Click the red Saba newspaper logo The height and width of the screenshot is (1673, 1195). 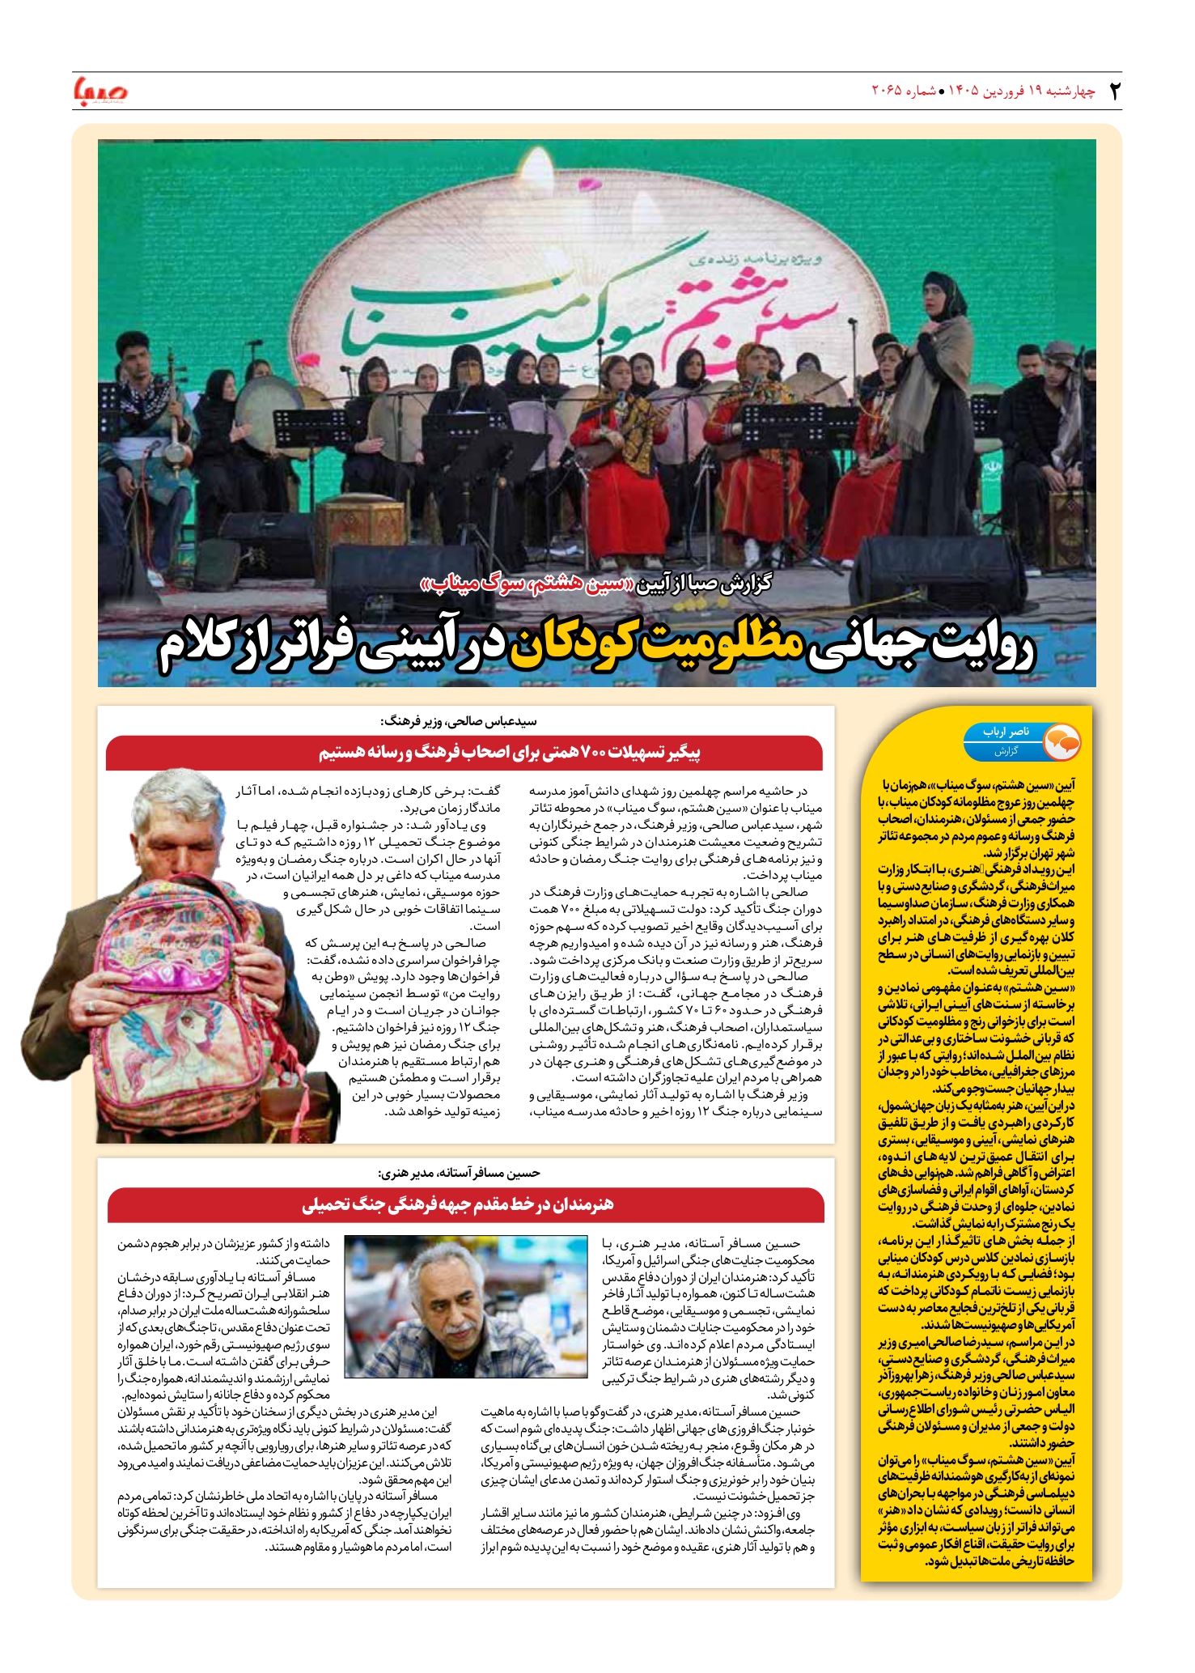coord(100,91)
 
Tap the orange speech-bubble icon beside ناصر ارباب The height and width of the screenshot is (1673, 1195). coord(1062,741)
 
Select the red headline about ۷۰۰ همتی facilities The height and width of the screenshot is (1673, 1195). coord(509,753)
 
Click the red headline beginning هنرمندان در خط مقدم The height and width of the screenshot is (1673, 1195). coord(458,1204)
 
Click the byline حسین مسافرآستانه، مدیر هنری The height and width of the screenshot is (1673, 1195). coord(459,1173)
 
